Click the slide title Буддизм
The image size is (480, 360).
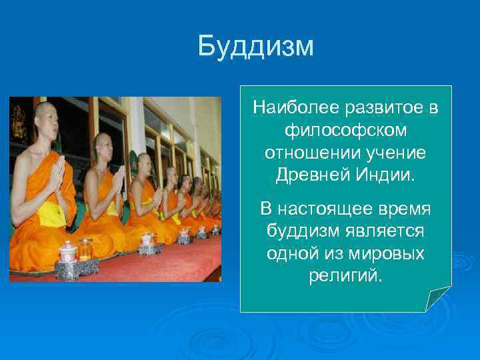(255, 47)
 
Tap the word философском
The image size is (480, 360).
(345, 130)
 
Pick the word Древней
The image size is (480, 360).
(310, 175)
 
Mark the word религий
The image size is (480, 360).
(345, 275)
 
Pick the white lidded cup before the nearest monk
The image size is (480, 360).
(68, 251)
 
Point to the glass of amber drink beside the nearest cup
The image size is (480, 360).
(85, 249)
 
